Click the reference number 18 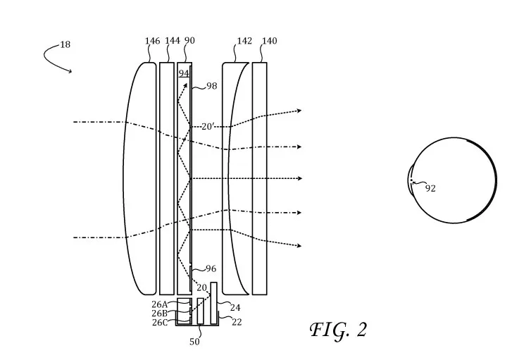click(65, 44)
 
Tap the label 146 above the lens click(153, 41)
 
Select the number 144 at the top click(173, 40)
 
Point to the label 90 click(189, 40)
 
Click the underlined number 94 click(184, 73)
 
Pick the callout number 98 click(211, 86)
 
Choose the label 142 click(244, 41)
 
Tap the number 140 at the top click(270, 41)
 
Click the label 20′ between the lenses click(207, 126)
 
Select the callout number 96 click(211, 268)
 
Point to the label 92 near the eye click(430, 188)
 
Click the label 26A click(159, 304)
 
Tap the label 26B click(159, 314)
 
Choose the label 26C click(160, 323)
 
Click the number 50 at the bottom click(194, 342)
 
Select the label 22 click(237, 322)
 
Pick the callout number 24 click(235, 308)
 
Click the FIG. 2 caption click(338, 330)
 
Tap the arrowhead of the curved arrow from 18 click(70, 71)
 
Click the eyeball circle click(497, 180)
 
